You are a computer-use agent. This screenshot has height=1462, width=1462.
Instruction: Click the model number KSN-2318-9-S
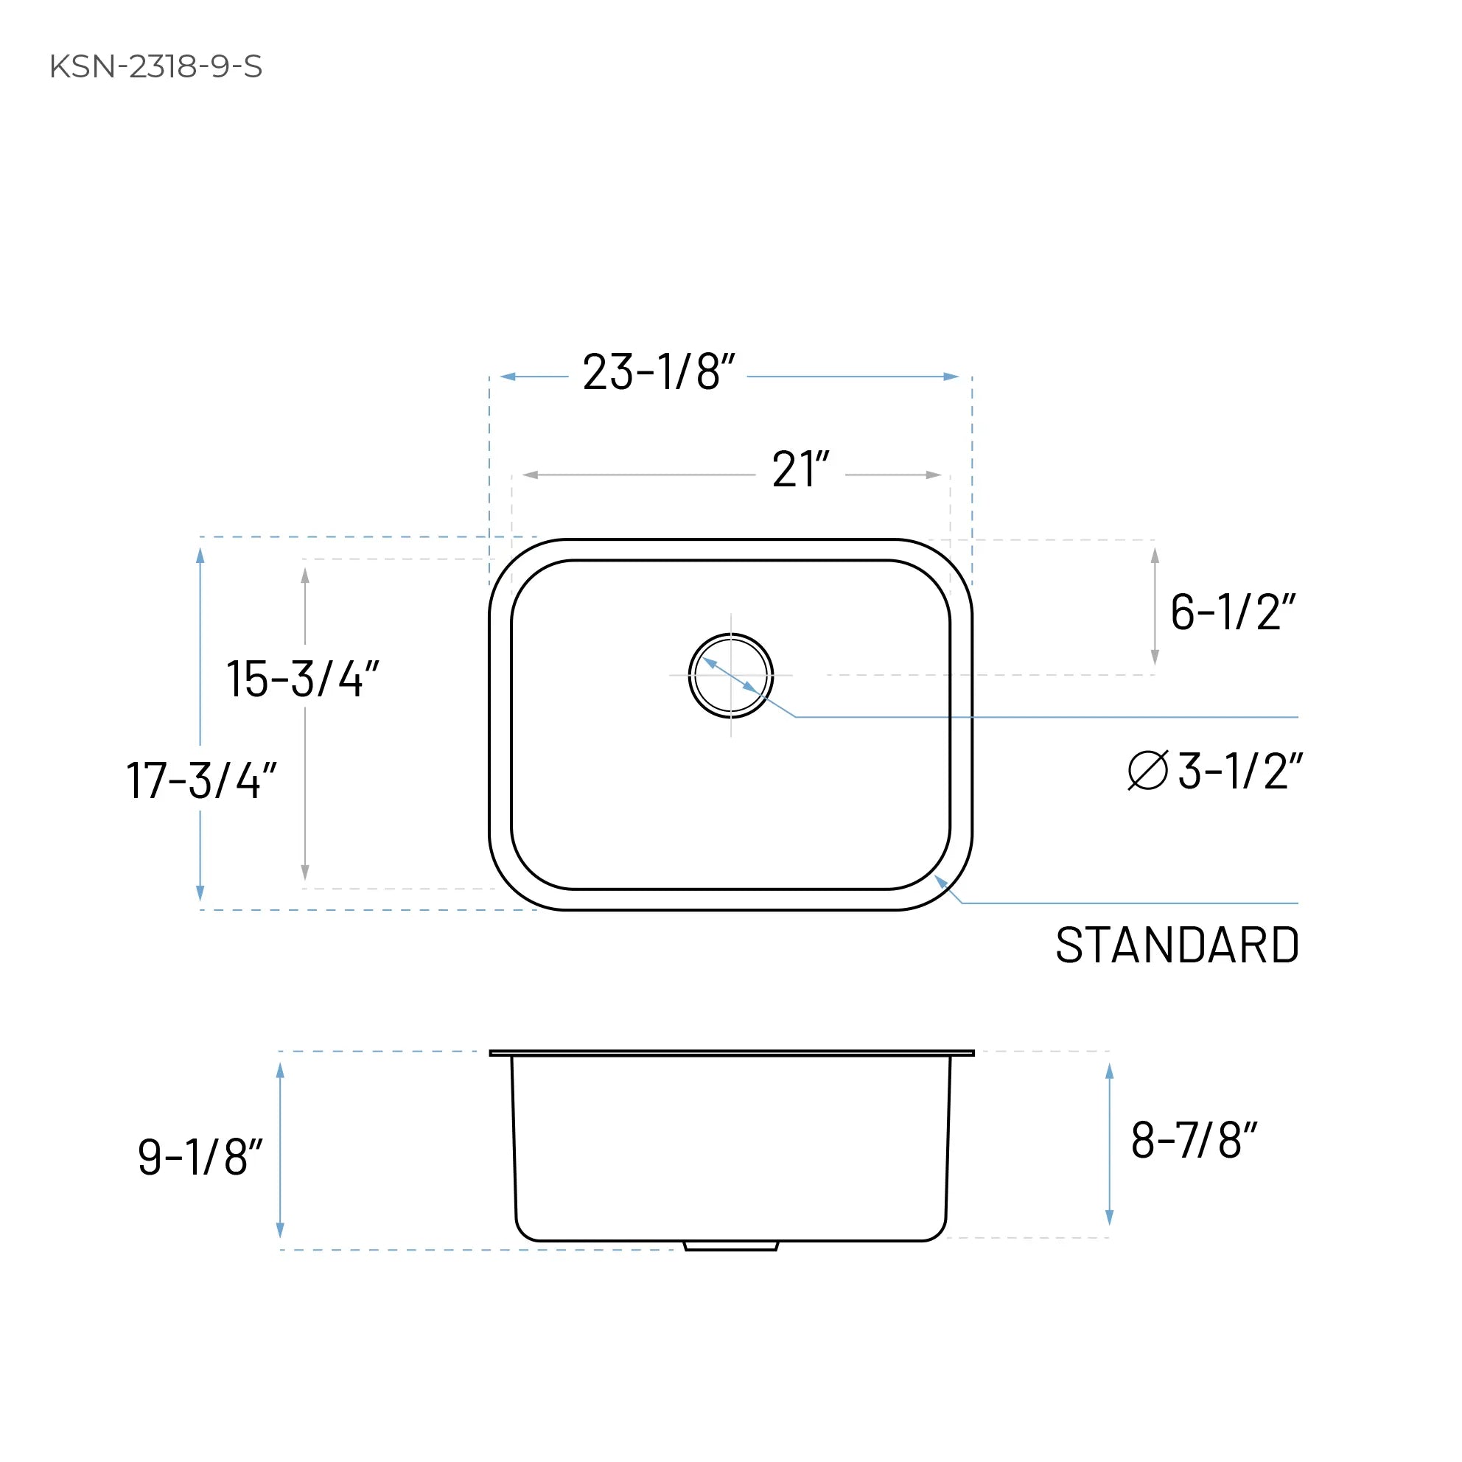155,66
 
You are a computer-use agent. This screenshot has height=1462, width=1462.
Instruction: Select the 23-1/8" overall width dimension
658,372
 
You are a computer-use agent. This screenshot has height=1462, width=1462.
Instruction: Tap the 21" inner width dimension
800,470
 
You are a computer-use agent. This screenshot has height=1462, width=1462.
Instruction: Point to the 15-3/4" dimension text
302,679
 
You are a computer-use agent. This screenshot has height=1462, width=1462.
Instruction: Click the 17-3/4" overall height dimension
200,780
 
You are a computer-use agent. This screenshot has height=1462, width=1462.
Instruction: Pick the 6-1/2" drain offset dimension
1232,612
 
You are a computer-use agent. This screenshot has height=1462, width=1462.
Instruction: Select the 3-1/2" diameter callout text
1239,772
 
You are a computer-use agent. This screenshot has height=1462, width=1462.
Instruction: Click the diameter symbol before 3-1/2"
1147,771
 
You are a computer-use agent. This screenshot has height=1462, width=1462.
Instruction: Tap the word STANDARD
1177,945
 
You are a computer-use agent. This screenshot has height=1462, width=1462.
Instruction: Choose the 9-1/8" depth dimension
200,1157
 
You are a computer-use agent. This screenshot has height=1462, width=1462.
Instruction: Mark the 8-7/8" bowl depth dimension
1193,1141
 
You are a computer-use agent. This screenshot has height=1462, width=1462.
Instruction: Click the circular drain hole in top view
730,675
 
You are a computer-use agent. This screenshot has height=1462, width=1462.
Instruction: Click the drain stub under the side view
730,1245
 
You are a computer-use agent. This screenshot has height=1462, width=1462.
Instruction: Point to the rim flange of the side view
731,1052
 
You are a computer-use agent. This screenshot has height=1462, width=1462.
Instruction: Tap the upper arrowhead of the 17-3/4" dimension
200,556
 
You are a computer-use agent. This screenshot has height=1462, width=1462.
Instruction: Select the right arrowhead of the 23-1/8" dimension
951,376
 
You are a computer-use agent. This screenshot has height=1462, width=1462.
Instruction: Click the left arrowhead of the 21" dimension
531,475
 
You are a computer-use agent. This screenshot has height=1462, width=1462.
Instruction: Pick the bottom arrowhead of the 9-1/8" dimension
280,1231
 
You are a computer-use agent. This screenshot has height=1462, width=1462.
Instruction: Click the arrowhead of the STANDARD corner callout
940,881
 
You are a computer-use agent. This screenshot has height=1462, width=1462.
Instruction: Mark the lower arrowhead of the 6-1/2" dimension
1155,657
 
